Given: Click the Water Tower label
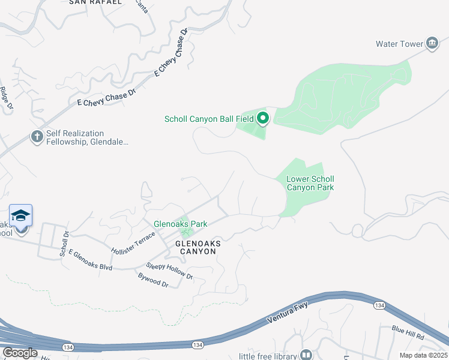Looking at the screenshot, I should tap(399, 44).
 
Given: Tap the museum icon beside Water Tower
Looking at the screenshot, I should tap(432, 43).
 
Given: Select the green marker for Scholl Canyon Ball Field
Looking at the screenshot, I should tap(263, 118).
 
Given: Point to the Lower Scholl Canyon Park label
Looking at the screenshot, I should tap(310, 183).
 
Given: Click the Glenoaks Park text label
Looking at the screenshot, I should tap(180, 224).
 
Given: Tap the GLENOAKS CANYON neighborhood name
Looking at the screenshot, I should tap(198, 247).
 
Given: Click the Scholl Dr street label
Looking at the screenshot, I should tap(64, 244).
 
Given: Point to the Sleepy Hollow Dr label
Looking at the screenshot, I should tap(170, 271).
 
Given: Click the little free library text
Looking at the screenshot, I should tap(268, 356).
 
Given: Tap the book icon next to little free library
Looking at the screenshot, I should tap(307, 355).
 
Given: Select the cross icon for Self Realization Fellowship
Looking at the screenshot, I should tap(37, 137).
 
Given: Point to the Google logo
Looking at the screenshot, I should tap(20, 353).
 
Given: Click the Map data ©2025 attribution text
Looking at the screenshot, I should tap(423, 355).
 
